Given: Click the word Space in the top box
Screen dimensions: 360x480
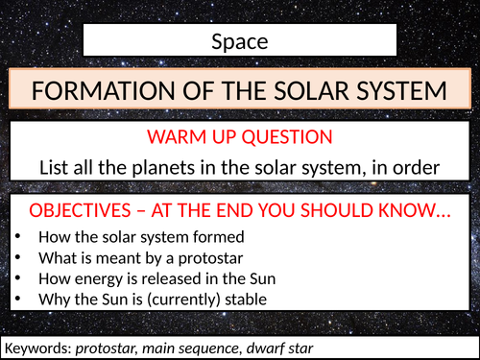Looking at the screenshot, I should (239, 41).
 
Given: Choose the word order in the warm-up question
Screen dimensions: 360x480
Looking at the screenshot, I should (415, 166).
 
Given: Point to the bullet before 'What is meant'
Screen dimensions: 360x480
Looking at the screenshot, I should (19, 257).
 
